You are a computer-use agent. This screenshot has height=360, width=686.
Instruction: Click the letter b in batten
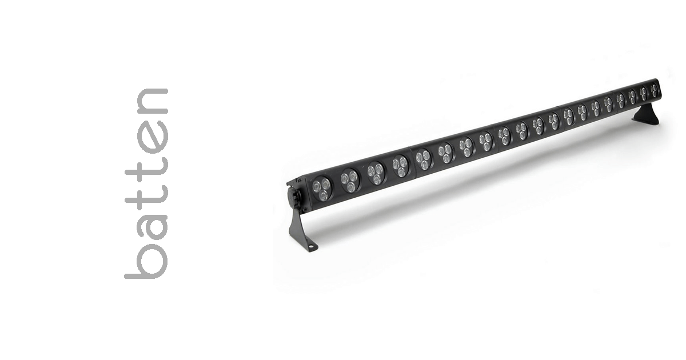(146, 260)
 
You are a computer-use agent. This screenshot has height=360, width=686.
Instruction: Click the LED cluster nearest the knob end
(322, 189)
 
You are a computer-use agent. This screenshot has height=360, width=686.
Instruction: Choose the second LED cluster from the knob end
(349, 180)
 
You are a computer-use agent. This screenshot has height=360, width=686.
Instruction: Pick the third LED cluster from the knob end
(376, 172)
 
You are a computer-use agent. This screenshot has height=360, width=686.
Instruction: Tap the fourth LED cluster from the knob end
(400, 166)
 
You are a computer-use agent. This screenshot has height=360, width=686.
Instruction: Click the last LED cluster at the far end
(654, 90)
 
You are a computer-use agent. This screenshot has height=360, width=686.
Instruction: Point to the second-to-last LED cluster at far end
(644, 93)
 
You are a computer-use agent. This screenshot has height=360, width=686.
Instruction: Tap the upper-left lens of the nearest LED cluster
(317, 186)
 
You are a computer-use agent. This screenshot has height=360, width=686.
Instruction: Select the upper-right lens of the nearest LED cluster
(326, 184)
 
